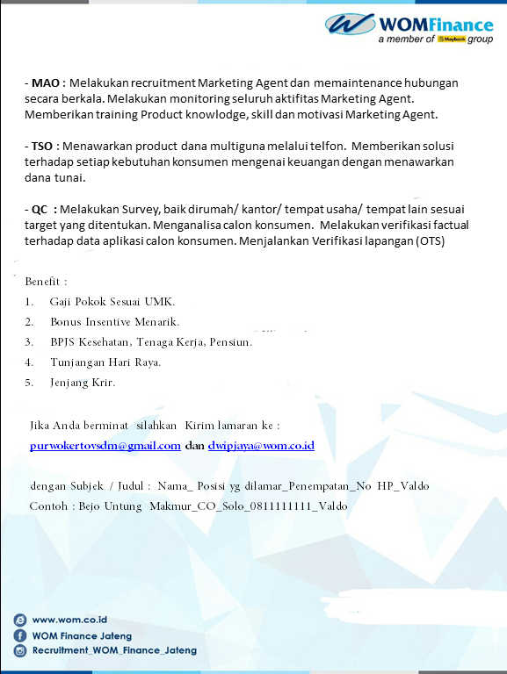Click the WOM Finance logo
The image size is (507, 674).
pyautogui.click(x=409, y=28)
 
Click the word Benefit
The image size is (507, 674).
pyautogui.click(x=43, y=282)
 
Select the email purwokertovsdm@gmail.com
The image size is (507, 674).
pyautogui.click(x=105, y=446)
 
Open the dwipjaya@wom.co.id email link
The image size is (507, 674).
pyautogui.click(x=261, y=446)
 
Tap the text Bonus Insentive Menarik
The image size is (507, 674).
pyautogui.click(x=114, y=322)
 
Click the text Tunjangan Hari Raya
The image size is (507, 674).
pyautogui.click(x=105, y=362)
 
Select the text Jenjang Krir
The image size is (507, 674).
pyautogui.click(x=83, y=382)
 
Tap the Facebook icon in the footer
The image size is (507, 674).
pyautogui.click(x=19, y=635)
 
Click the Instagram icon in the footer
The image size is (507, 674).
pyautogui.click(x=19, y=650)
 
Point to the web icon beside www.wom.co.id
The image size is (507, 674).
pyautogui.click(x=19, y=620)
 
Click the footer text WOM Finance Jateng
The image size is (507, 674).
pyautogui.click(x=82, y=635)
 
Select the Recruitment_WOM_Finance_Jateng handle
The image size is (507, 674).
pyautogui.click(x=114, y=650)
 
